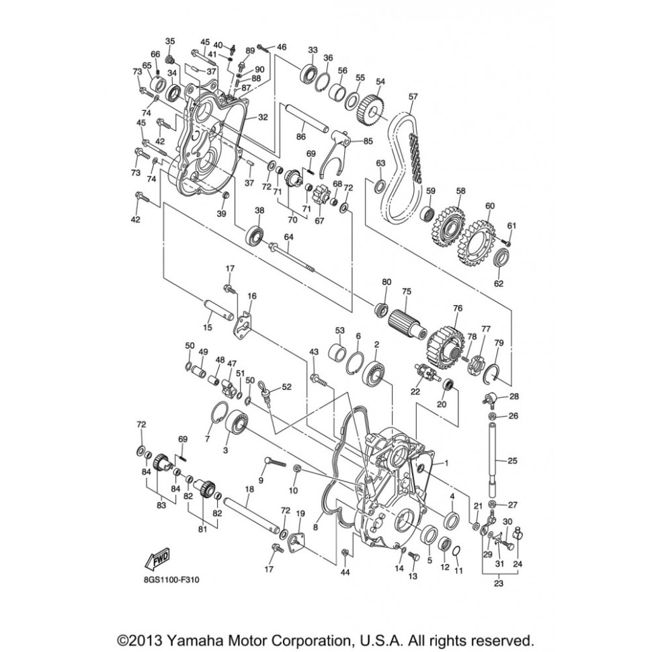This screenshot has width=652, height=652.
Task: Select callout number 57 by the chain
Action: (x=413, y=97)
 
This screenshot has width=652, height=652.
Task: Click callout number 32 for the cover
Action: (x=263, y=117)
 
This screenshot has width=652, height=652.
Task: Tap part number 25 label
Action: (x=513, y=461)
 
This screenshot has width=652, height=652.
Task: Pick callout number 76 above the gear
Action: (x=458, y=309)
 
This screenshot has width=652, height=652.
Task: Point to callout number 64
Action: (x=289, y=237)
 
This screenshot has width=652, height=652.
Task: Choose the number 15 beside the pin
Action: (x=207, y=327)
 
